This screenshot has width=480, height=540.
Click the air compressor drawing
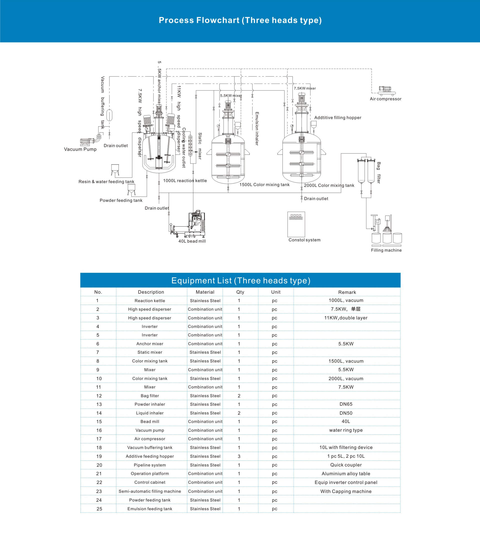[387, 91]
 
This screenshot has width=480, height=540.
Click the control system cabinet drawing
[296, 224]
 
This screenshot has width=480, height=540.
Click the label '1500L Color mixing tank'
[264, 185]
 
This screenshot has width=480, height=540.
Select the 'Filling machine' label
[386, 250]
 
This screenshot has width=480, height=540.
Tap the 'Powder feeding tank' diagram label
[121, 200]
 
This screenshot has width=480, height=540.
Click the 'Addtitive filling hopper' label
[338, 118]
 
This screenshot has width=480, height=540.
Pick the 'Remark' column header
[347, 292]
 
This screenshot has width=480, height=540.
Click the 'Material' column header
[205, 292]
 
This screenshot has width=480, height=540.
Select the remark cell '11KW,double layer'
[346, 318]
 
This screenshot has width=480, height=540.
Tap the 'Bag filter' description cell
[150, 396]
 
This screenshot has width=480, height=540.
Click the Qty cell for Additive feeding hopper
[239, 456]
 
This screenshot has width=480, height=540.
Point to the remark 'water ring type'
[346, 430]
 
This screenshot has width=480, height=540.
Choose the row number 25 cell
[99, 509]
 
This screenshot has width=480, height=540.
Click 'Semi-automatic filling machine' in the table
[150, 491]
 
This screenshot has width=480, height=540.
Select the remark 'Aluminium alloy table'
[346, 474]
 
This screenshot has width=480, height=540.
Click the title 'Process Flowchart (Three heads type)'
[240, 20]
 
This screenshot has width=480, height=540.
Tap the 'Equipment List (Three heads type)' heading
[241, 281]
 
